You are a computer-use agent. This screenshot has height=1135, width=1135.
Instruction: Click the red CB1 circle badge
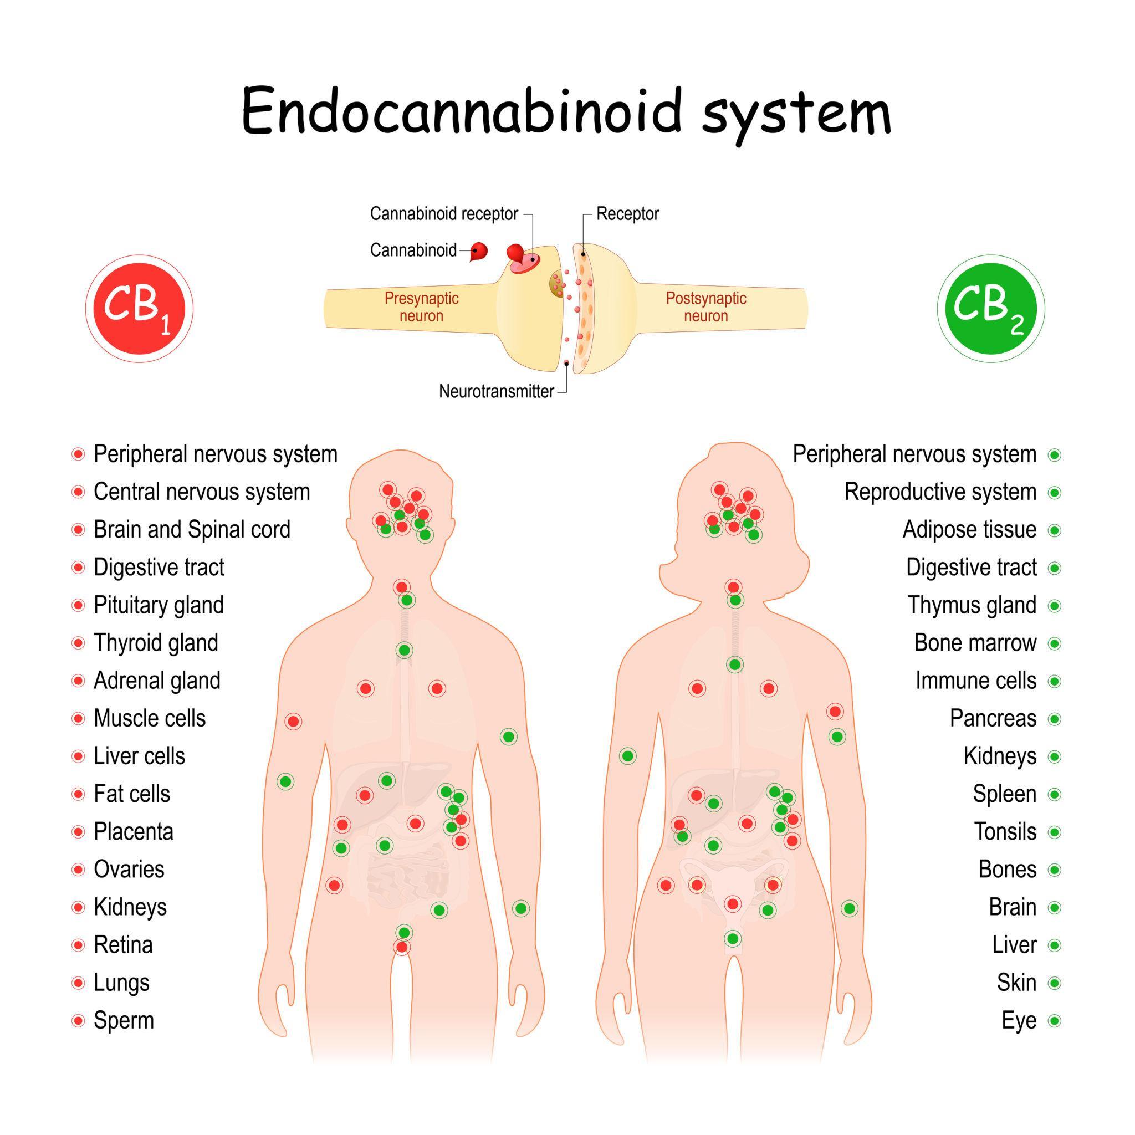(x=139, y=309)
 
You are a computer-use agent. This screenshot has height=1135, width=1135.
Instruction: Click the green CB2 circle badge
(x=990, y=309)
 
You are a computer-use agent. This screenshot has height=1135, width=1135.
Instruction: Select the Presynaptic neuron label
(x=421, y=306)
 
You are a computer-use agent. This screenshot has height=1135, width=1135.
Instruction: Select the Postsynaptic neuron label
(x=705, y=306)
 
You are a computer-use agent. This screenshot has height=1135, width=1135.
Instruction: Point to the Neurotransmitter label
(x=496, y=391)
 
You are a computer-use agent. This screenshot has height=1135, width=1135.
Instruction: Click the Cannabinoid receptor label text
(x=443, y=214)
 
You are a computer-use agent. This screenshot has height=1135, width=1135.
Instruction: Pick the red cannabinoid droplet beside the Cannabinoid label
(x=479, y=252)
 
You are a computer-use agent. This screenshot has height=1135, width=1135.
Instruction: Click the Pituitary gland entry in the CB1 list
(x=159, y=605)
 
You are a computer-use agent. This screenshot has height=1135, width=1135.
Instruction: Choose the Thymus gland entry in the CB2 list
(x=972, y=605)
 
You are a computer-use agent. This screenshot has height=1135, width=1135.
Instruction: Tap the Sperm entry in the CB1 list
(x=124, y=1020)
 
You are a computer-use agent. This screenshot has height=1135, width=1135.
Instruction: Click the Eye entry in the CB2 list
(x=1019, y=1020)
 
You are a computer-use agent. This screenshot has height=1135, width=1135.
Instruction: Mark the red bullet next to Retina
(x=78, y=945)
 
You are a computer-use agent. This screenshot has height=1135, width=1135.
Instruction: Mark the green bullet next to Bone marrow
(x=1055, y=643)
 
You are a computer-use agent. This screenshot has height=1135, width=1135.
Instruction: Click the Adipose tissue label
(x=969, y=530)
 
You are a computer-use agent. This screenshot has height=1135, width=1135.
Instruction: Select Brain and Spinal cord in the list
(x=192, y=530)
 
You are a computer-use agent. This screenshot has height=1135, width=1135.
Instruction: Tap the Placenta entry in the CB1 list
(x=134, y=832)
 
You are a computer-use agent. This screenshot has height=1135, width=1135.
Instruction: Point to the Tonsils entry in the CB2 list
(x=1005, y=832)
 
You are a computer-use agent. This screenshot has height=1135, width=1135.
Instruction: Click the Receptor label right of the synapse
(x=627, y=214)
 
